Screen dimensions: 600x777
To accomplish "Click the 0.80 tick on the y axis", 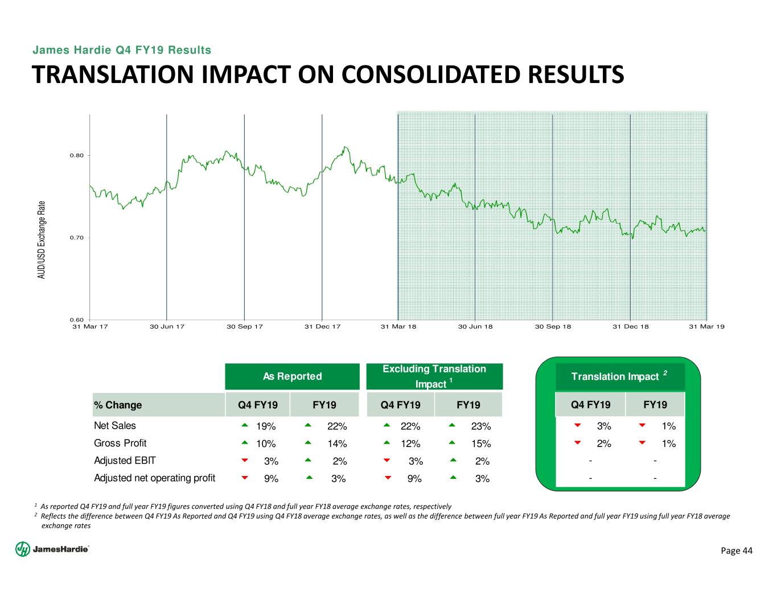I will [x=77, y=155].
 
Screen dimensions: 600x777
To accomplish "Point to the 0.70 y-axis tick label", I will [x=77, y=238].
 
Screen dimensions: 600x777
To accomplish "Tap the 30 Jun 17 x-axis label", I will [x=167, y=327].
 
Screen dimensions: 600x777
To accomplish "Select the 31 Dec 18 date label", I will [x=630, y=327].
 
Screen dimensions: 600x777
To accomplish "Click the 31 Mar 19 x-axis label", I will [x=706, y=327].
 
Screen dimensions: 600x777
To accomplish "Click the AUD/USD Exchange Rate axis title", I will [x=42, y=239].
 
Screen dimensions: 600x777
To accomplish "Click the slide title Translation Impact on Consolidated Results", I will [x=328, y=75].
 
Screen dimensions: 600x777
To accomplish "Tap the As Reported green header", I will [x=292, y=376].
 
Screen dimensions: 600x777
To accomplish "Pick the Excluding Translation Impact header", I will [x=434, y=376].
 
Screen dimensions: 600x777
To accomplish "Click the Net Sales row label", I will [x=115, y=425].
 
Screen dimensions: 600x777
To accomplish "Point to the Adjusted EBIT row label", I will [x=125, y=461].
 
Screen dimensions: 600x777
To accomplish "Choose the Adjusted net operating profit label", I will [x=154, y=478].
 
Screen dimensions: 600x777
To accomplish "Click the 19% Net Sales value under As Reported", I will [x=266, y=427].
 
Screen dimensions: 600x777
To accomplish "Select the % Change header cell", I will [x=118, y=405].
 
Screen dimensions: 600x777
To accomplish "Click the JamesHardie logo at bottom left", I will [x=52, y=549].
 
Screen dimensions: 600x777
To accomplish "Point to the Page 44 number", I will [x=737, y=551].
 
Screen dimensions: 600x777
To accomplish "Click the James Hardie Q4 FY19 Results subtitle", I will [x=122, y=50].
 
